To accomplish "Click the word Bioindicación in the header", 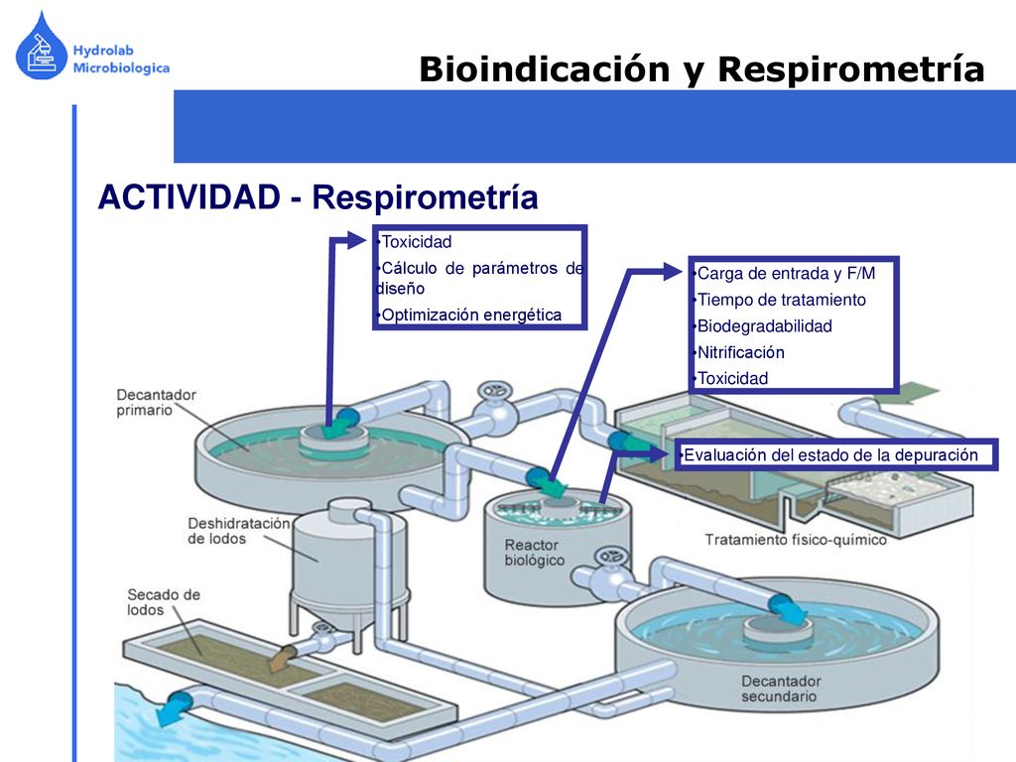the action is (545, 68).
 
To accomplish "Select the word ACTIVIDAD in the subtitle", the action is (190, 197).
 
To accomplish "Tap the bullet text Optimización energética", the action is (471, 315).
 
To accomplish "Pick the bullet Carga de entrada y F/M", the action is (786, 274).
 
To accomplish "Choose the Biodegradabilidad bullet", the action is (765, 325).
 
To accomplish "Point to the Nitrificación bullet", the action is (740, 352).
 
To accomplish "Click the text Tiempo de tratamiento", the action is (782, 300).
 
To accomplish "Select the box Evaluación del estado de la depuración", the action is (836, 454).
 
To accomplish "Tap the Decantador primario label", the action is (156, 403).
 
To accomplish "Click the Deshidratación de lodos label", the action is (238, 531).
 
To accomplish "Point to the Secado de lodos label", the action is (164, 602).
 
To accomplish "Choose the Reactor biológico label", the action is (535, 553).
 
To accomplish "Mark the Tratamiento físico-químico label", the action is (796, 540).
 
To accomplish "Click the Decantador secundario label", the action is (781, 689).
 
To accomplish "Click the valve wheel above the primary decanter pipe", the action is (495, 391).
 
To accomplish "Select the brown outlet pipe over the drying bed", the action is (283, 659).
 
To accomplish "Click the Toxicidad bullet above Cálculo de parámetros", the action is (416, 242).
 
